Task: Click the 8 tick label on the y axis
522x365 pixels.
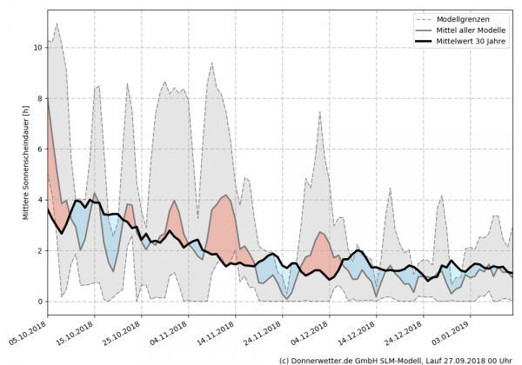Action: click(39, 98)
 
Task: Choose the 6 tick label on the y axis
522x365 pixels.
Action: click(39, 149)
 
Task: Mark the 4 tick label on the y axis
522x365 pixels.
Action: click(39, 200)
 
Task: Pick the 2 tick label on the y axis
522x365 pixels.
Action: click(39, 251)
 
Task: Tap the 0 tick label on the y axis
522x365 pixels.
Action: click(39, 302)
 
